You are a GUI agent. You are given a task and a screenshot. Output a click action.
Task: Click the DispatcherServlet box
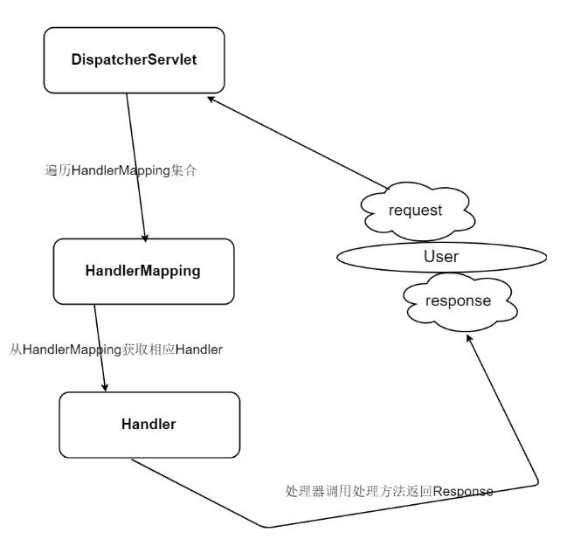(x=134, y=60)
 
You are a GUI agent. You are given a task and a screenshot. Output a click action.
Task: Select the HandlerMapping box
(x=143, y=271)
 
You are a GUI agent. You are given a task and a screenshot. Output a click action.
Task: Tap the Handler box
(x=149, y=425)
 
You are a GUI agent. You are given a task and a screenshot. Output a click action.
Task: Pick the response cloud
(x=458, y=301)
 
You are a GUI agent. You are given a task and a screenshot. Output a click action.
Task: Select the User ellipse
(x=441, y=257)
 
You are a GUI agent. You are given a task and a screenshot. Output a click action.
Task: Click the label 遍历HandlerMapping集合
(x=121, y=170)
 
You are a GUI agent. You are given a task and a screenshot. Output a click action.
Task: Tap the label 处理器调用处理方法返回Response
(x=389, y=491)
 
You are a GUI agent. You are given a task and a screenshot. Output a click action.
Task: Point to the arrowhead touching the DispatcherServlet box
(x=211, y=100)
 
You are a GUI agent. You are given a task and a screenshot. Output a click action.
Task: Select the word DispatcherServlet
(x=134, y=60)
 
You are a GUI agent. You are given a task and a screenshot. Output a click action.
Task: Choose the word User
(x=441, y=257)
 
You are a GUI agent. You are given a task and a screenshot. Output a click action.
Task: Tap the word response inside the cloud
(x=458, y=301)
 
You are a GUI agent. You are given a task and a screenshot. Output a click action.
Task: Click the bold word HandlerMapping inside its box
(x=143, y=271)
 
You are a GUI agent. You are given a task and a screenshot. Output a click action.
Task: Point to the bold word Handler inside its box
(x=149, y=425)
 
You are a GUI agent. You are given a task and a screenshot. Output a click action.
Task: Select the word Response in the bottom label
(x=463, y=491)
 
